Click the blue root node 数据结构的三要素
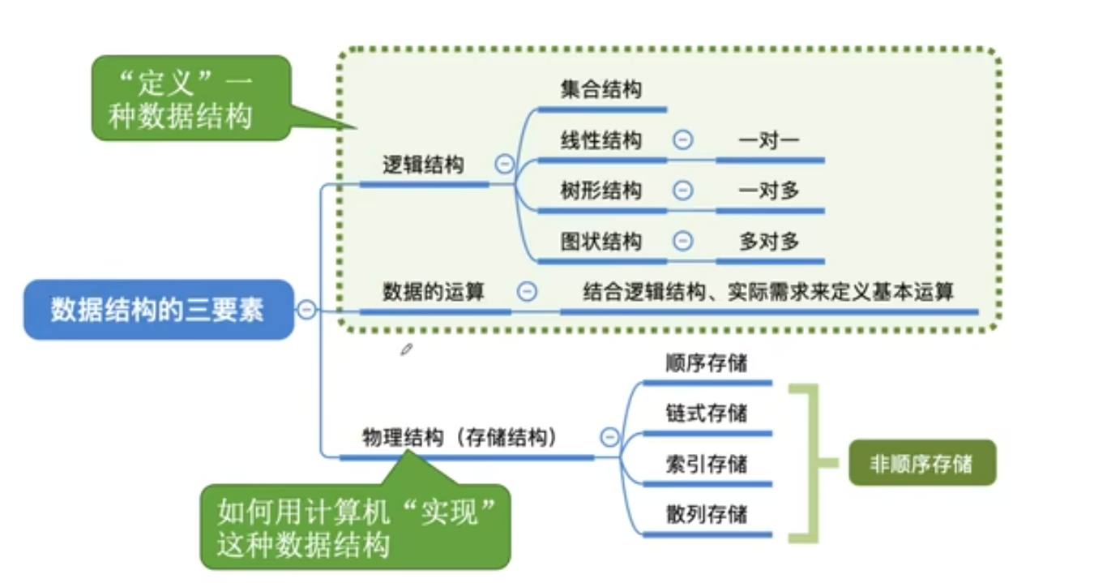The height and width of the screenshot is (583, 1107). click(x=157, y=310)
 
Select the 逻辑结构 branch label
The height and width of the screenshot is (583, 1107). click(x=423, y=165)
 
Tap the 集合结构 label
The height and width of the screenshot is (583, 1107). click(x=601, y=89)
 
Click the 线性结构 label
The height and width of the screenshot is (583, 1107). click(x=601, y=140)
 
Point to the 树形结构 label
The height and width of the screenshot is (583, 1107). click(x=601, y=191)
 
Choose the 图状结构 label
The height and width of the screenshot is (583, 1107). click(x=601, y=241)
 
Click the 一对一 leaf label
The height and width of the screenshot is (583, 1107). click(x=769, y=140)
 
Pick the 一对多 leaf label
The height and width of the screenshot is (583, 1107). click(x=769, y=191)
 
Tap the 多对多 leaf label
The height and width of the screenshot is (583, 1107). click(x=769, y=241)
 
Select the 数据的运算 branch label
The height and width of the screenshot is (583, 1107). click(x=433, y=291)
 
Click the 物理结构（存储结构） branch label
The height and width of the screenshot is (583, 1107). click(x=459, y=438)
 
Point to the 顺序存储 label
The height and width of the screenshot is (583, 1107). click(x=706, y=362)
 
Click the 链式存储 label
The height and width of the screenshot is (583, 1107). click(x=706, y=413)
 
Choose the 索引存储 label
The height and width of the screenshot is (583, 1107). click(x=706, y=464)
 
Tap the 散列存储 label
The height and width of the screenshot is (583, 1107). click(x=706, y=514)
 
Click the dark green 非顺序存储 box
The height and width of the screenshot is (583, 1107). click(x=921, y=464)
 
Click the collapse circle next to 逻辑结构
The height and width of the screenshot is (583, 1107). click(x=504, y=165)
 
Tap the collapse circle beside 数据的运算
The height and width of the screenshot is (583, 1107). click(x=527, y=291)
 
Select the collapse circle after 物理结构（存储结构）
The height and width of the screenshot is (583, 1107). click(x=609, y=438)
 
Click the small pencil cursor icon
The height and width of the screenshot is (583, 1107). click(x=407, y=349)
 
